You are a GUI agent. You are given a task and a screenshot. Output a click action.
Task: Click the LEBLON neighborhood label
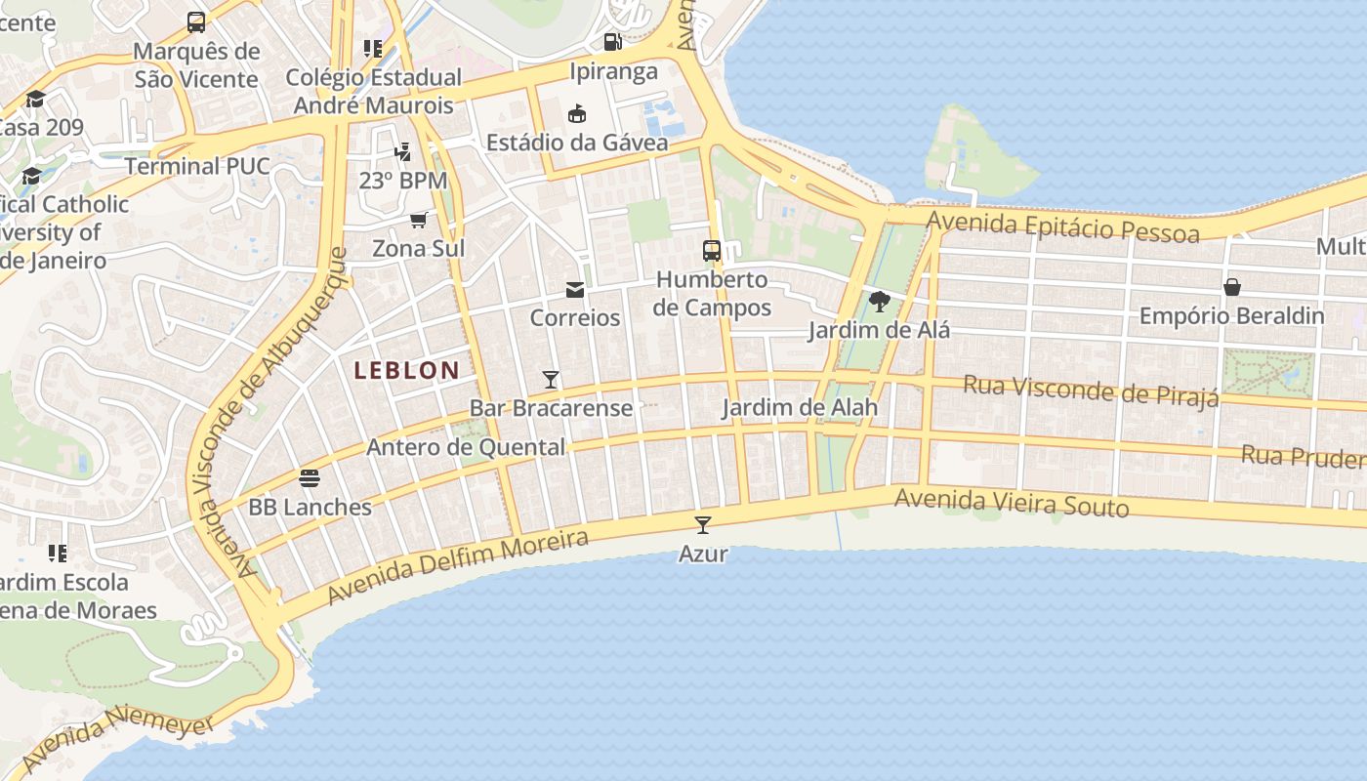coord(406,371)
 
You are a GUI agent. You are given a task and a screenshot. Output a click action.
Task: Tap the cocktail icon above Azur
coord(702,524)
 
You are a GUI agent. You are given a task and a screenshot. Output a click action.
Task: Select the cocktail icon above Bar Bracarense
coord(551,380)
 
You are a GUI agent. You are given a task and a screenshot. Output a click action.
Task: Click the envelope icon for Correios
coord(574,290)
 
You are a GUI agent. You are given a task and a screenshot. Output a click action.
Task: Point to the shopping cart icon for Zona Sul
coord(419,220)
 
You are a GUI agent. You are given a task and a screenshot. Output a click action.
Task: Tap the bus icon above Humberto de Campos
coord(712,250)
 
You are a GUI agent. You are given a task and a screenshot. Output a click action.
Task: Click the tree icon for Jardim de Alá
coord(879,301)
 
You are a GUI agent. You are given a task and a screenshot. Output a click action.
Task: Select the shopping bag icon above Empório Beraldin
coord(1231,287)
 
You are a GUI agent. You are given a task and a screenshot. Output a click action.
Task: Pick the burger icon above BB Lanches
coord(310,478)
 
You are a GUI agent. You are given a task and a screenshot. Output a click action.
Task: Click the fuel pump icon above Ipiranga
coord(612,41)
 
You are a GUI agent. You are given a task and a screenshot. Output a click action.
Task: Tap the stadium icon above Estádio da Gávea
coord(577,113)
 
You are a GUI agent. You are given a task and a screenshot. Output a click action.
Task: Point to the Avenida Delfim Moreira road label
coord(458,566)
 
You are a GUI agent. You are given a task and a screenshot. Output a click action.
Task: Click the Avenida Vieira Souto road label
coord(1012,503)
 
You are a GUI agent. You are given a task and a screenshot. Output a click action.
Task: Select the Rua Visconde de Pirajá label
coord(1091,390)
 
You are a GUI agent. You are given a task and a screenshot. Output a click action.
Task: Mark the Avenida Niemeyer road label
coord(117,741)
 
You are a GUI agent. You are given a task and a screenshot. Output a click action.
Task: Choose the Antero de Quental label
coord(466,447)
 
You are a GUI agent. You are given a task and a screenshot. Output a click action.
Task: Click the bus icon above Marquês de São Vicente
coord(196,21)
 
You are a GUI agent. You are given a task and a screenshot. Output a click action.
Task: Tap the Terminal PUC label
coord(196,166)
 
